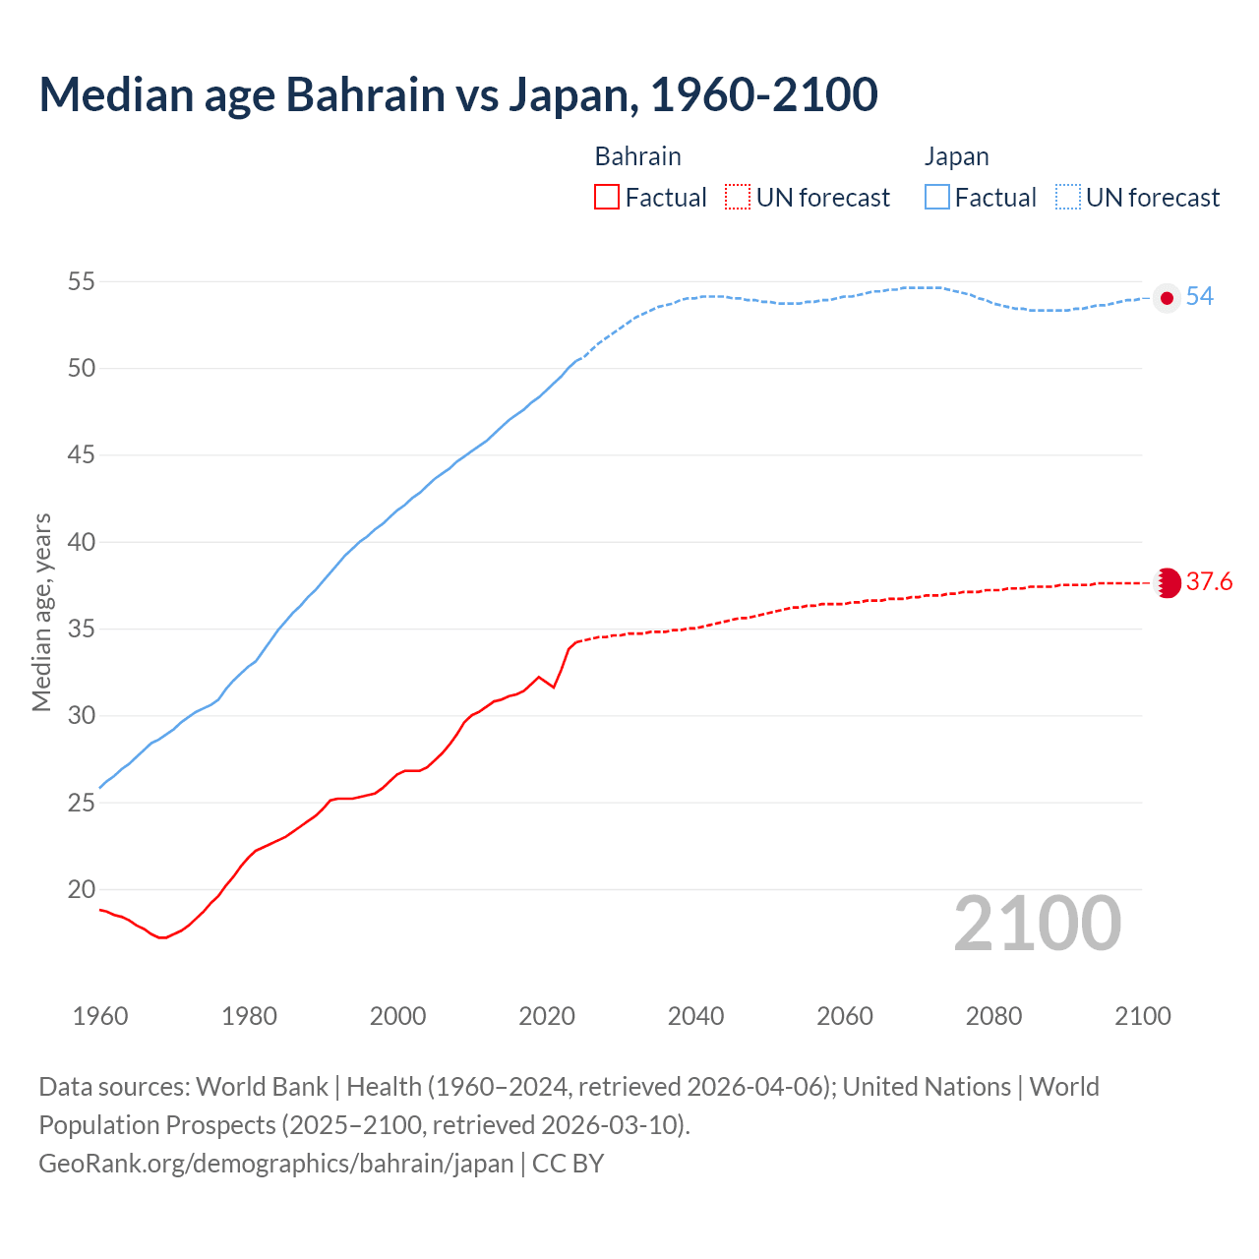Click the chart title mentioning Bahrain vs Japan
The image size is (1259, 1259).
(x=458, y=95)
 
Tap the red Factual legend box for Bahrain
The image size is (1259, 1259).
(x=607, y=197)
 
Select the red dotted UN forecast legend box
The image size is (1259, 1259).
(x=738, y=197)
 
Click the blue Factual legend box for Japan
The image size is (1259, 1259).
(x=937, y=197)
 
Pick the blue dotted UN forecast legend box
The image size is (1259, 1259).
(x=1068, y=197)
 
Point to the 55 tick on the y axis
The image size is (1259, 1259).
(x=81, y=282)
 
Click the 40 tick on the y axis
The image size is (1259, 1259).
(x=81, y=542)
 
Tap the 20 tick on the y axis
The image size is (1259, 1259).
(x=81, y=889)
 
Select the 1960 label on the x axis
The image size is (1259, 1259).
(x=100, y=1016)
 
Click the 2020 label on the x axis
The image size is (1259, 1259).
(x=547, y=1016)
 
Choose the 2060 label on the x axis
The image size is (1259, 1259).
(x=845, y=1016)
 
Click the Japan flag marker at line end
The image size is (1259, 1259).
(x=1167, y=298)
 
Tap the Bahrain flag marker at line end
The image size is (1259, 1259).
(x=1168, y=583)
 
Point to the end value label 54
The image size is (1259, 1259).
(x=1199, y=297)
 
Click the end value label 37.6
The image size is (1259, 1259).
(x=1209, y=582)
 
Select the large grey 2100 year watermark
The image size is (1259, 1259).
(x=1038, y=924)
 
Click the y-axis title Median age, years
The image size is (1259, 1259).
(x=41, y=612)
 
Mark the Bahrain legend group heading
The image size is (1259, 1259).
(x=637, y=156)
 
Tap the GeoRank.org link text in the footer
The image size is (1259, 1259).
(x=276, y=1164)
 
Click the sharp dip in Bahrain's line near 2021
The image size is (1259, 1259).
(x=554, y=687)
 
